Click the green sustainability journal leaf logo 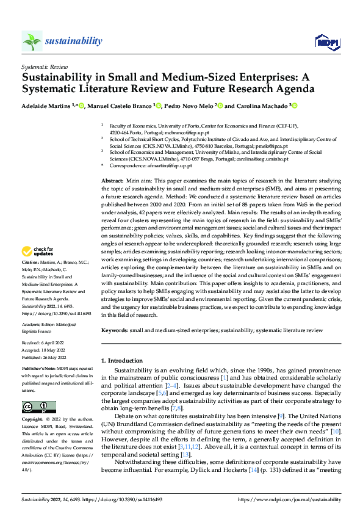click(32, 41)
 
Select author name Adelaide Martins click(43, 106)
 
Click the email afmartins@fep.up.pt click(172, 165)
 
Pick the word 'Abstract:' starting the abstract click(112, 181)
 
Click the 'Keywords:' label click(114, 330)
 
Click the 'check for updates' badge click(38, 268)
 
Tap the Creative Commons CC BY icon click(38, 407)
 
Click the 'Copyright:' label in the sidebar click(32, 421)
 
